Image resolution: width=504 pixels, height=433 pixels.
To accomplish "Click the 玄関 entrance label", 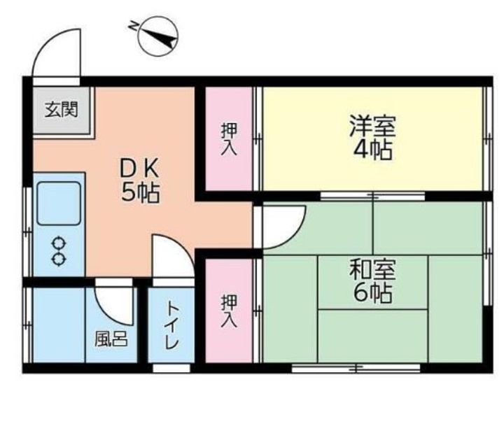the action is click(x=61, y=110).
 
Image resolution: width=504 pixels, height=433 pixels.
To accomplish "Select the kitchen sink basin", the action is click(x=59, y=203).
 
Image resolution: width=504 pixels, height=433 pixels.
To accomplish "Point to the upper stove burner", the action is click(x=59, y=243).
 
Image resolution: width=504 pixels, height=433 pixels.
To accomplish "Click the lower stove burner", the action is click(x=59, y=260).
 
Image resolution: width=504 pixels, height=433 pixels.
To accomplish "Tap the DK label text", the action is click(x=139, y=169).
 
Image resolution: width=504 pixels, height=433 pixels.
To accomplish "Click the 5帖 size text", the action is click(x=140, y=193).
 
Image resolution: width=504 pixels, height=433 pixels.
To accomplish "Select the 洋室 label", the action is click(x=372, y=126).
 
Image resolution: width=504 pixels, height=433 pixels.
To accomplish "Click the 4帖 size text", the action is click(x=373, y=150).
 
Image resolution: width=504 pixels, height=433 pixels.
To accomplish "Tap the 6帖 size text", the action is click(x=373, y=293).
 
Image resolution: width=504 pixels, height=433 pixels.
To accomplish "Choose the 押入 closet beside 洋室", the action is click(x=229, y=139).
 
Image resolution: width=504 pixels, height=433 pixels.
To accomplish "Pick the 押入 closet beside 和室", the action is click(x=229, y=311).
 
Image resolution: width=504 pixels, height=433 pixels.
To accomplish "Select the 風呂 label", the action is click(x=111, y=339).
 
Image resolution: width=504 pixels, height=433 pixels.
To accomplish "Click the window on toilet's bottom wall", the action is click(x=171, y=368).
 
